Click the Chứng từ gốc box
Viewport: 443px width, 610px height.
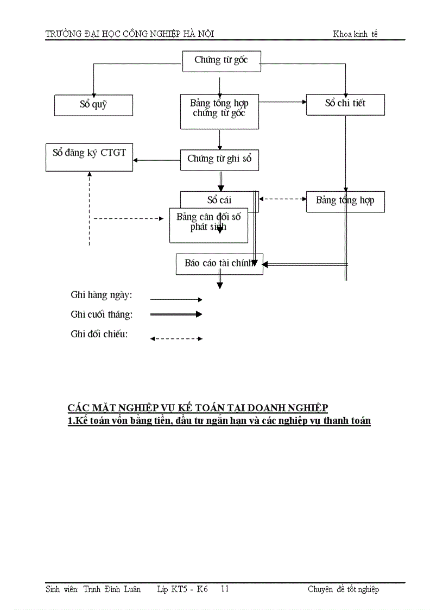220,61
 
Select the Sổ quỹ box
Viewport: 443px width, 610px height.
93,105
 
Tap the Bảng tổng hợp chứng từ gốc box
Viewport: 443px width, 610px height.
219,111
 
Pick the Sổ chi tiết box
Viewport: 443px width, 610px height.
345,104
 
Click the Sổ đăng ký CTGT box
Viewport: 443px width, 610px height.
89,156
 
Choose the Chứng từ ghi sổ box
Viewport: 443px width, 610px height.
219,160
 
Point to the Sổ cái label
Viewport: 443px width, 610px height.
219,200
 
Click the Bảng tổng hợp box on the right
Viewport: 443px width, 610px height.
345,201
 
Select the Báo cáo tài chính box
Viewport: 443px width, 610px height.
219,263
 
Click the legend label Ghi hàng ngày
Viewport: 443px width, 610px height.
102,295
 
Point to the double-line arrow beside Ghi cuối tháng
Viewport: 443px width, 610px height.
175,314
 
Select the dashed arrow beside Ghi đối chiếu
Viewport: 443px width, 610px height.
175,338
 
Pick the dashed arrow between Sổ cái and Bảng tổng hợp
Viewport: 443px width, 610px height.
282,199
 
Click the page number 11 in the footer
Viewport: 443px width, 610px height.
225,589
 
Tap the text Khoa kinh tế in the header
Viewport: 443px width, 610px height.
355,34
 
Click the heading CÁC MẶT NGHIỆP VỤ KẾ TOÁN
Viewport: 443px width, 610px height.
198,408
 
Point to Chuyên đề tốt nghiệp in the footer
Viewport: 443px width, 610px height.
343,589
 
